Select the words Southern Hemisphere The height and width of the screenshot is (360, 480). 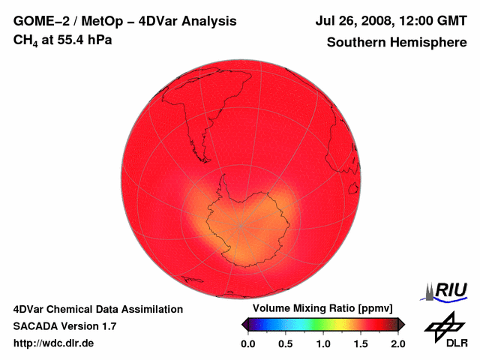click(396, 43)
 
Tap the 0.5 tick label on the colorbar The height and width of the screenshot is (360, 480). click(285, 343)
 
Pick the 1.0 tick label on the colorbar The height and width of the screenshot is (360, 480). click(323, 343)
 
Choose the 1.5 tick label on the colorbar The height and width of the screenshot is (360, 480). click(361, 343)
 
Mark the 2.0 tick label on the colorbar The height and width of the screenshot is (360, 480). click(398, 343)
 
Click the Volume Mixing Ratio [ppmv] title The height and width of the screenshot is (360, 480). click(322, 309)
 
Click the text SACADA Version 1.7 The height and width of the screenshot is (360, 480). click(64, 326)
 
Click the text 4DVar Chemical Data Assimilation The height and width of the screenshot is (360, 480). click(98, 309)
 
